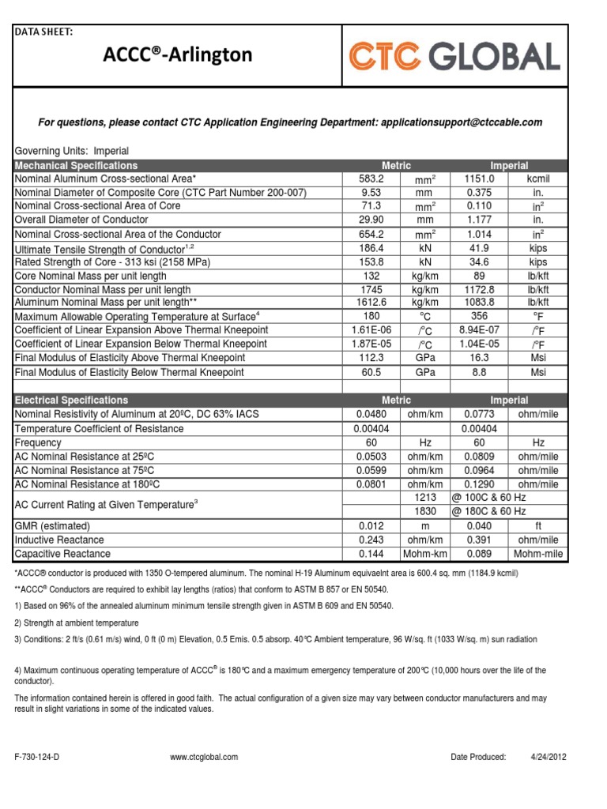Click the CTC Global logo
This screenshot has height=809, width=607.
click(454, 56)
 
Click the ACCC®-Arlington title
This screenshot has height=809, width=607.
click(179, 55)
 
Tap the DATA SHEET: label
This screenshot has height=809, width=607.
click(45, 32)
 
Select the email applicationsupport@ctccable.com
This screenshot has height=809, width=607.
click(462, 122)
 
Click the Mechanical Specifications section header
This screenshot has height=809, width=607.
click(77, 166)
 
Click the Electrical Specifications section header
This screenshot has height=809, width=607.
click(72, 401)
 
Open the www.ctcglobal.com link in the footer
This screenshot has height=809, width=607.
click(204, 757)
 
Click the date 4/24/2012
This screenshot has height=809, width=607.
click(548, 757)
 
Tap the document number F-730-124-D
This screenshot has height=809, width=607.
click(38, 757)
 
